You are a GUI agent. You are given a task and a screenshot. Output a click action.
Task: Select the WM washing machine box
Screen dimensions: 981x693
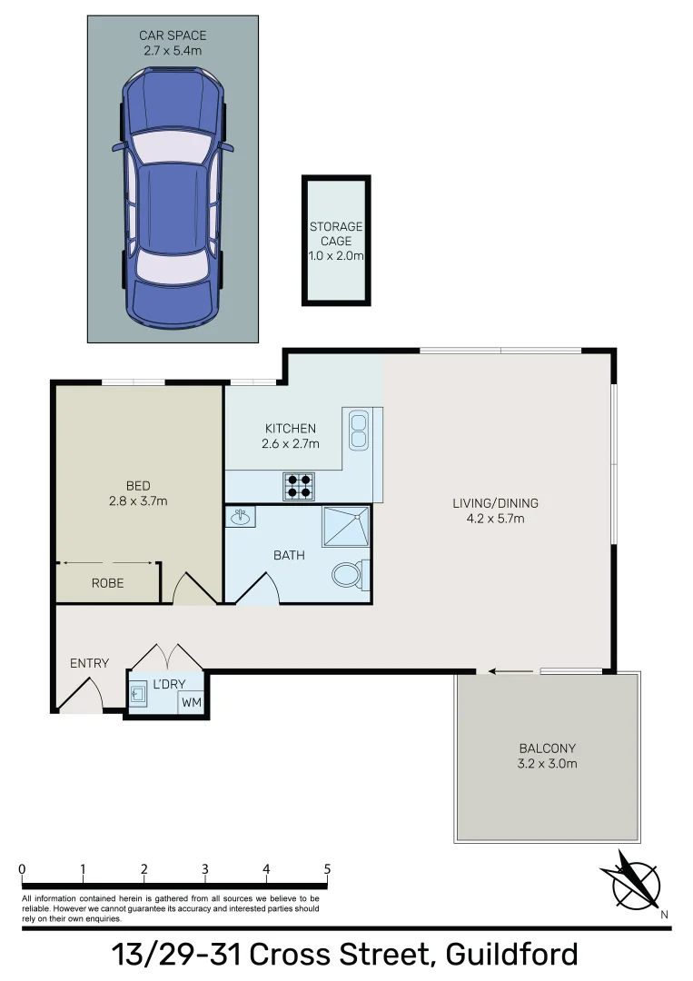[192, 702]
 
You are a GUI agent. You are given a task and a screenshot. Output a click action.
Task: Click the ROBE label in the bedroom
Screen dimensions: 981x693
[107, 583]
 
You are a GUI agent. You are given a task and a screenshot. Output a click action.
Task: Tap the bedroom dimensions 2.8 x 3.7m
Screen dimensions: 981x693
[138, 500]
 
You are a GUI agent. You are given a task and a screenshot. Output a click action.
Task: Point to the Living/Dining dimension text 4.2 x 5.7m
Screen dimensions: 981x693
[495, 519]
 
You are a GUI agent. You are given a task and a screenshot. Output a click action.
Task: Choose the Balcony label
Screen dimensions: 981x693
[547, 748]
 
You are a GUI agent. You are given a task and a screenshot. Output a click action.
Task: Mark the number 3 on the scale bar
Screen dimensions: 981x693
[205, 869]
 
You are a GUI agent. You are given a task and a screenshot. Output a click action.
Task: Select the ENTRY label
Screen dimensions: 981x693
[89, 663]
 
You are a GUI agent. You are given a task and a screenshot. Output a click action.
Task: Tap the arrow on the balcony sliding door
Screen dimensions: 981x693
[498, 672]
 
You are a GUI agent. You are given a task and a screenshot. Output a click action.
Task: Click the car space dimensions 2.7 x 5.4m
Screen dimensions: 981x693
[173, 51]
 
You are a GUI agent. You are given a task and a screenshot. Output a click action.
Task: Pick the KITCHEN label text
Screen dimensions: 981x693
[290, 429]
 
